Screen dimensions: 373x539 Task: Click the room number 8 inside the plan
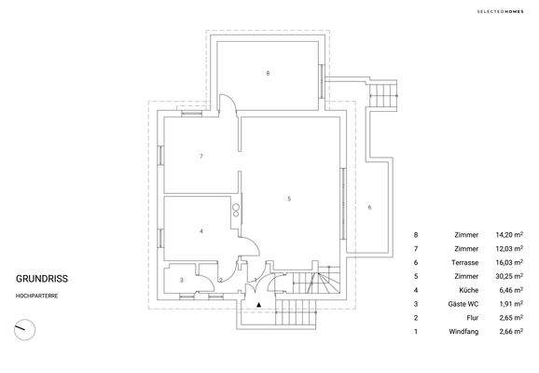tap(268, 73)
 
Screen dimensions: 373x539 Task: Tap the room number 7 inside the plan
tap(201, 157)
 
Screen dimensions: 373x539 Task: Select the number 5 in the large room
tap(289, 199)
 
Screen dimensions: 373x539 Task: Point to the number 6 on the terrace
tap(369, 206)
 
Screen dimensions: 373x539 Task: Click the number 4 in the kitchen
tap(201, 230)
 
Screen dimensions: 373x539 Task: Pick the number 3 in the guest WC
tap(182, 279)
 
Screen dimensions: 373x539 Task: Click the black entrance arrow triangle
tap(258, 303)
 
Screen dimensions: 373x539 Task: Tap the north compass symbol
tap(25, 329)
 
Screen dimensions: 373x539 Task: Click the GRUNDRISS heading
tap(42, 278)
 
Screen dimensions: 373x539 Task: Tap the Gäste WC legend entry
tap(464, 304)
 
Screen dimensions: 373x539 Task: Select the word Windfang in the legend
tap(463, 331)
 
